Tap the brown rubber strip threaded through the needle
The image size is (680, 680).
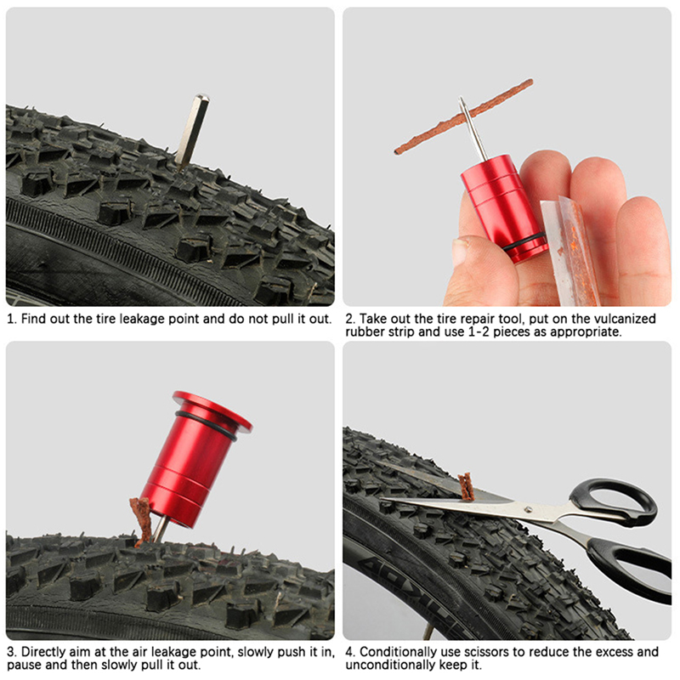pos(464,116)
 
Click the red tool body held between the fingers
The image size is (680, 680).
pos(503,208)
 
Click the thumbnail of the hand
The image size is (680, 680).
pos(459,251)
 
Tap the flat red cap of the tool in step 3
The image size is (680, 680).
pos(212,411)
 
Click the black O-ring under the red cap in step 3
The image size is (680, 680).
pos(207,427)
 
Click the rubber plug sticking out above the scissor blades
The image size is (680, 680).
pos(466,486)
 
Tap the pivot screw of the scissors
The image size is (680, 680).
pos(528,509)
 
